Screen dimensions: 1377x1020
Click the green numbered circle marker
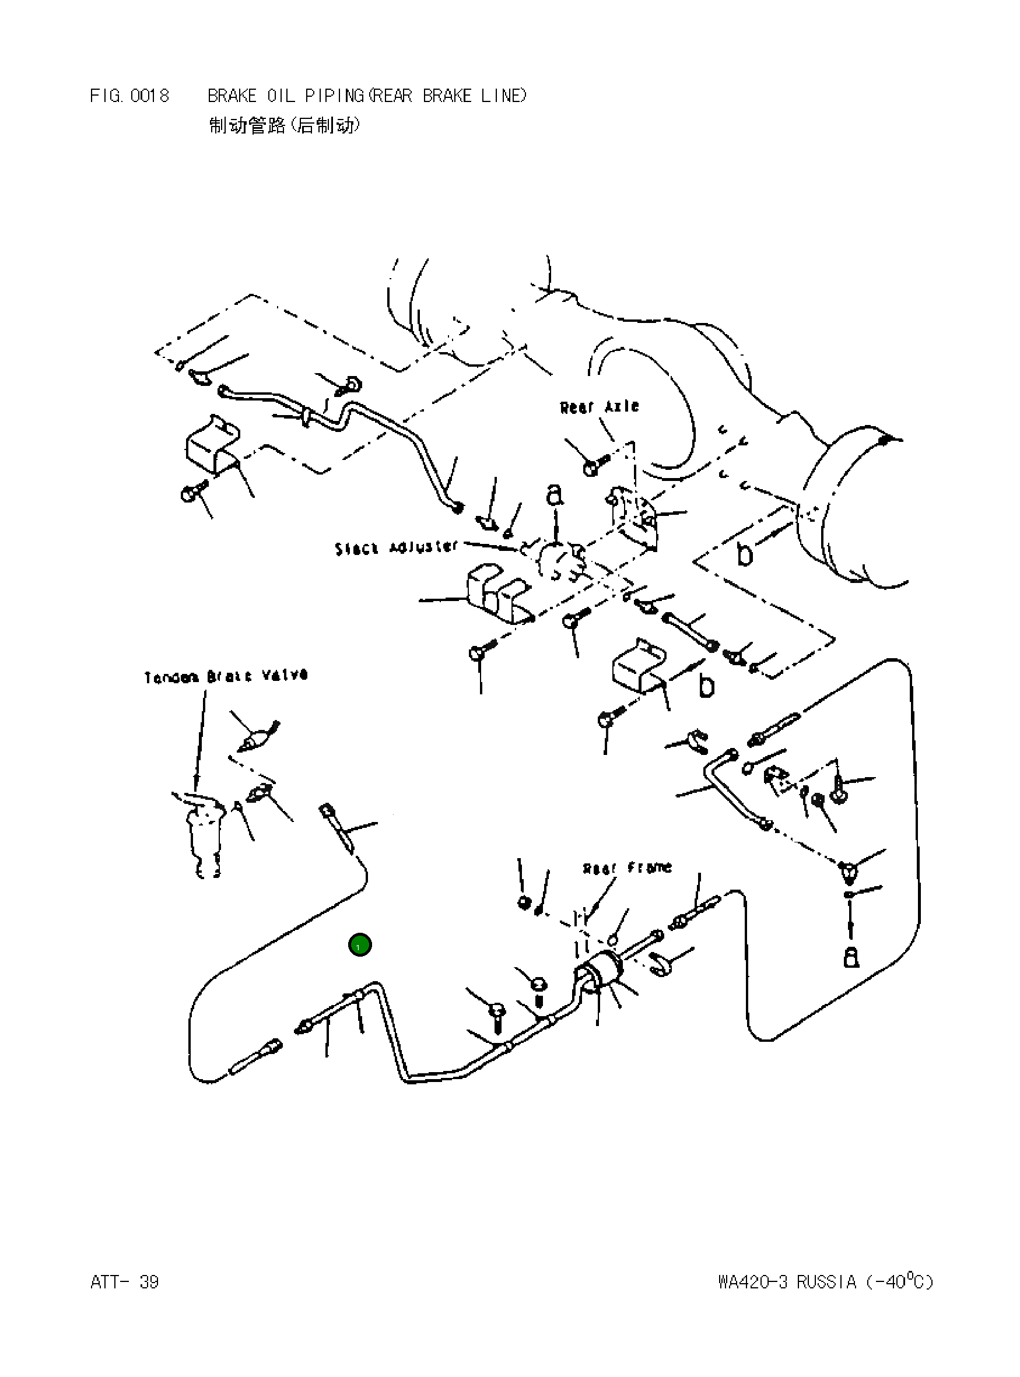pyautogui.click(x=360, y=945)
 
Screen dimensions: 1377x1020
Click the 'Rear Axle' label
pyautogui.click(x=599, y=407)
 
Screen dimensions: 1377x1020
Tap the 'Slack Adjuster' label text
pyautogui.click(x=397, y=547)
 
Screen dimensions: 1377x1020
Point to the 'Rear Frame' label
pyautogui.click(x=627, y=868)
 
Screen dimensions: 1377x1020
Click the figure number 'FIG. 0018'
pyautogui.click(x=129, y=96)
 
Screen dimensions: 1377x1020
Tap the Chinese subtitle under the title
pyautogui.click(x=285, y=126)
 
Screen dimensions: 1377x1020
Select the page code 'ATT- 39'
pyautogui.click(x=125, y=1283)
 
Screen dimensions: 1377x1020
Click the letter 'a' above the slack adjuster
pyautogui.click(x=555, y=495)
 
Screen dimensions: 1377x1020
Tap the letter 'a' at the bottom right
pyautogui.click(x=851, y=957)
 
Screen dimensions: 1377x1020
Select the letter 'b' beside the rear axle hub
pyautogui.click(x=745, y=554)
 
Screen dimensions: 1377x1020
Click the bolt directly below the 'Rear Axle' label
pyautogui.click(x=593, y=465)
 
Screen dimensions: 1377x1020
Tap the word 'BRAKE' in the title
pyautogui.click(x=232, y=96)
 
